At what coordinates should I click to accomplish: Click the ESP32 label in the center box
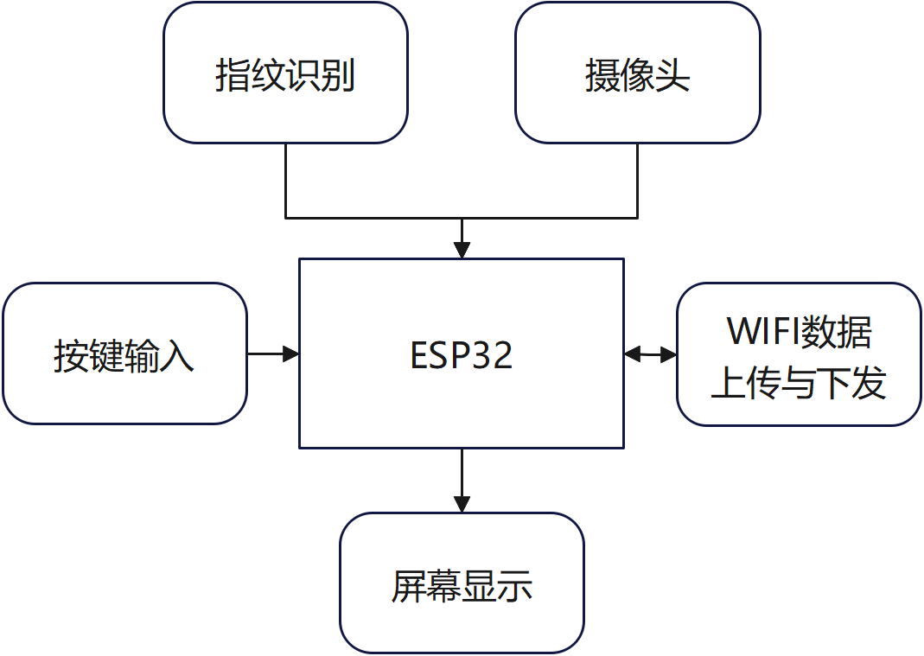tap(462, 355)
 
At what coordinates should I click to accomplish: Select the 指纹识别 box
tap(285, 73)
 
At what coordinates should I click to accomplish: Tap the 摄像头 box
tap(638, 73)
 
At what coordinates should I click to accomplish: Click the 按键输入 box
tap(124, 353)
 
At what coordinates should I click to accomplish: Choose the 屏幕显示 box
tap(462, 583)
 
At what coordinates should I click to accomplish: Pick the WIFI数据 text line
tap(799, 331)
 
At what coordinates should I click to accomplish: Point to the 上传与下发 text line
tap(799, 383)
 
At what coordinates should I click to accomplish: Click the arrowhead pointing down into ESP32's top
tap(462, 250)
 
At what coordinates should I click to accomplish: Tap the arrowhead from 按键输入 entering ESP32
tap(291, 354)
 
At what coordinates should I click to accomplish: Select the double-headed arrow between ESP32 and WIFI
tap(650, 354)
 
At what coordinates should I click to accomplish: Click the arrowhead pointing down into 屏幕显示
tap(462, 504)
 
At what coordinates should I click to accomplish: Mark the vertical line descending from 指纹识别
tap(286, 181)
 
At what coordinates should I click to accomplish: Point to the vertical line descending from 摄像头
tap(638, 181)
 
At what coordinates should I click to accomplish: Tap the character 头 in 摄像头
tap(672, 75)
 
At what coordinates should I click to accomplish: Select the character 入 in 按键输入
tap(177, 355)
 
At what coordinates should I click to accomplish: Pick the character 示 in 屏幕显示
tap(515, 586)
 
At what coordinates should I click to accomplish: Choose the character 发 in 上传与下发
tap(870, 383)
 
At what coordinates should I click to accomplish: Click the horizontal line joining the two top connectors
tap(462, 218)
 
